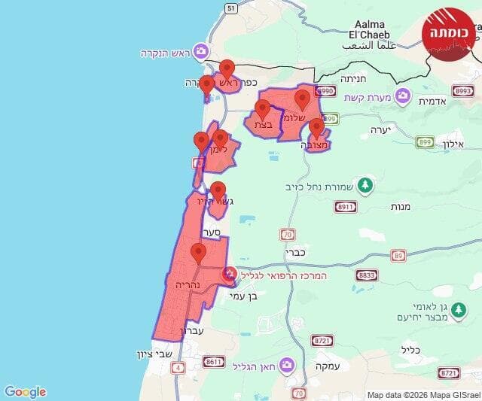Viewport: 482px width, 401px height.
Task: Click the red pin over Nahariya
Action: tap(199, 254)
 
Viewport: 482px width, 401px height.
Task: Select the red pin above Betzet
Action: tap(263, 110)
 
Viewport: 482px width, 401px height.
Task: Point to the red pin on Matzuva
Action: tap(316, 129)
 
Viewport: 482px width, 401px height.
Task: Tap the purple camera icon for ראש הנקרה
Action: tap(201, 51)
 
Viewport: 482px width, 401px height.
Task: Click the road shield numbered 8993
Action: tap(462, 90)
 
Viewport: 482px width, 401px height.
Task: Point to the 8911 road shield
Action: tap(346, 207)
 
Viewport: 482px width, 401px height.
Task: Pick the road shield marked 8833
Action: tap(367, 275)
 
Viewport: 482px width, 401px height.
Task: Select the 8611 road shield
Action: tap(214, 362)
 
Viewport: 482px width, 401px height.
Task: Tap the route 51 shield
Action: tap(230, 8)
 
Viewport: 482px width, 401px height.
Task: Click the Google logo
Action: tap(25, 391)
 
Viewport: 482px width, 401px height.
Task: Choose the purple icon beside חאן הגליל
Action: tap(286, 366)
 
